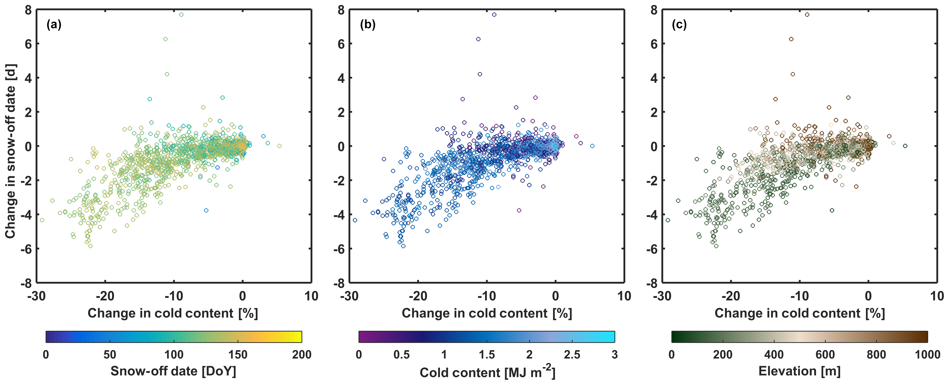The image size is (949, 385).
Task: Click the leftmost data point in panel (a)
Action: pos(42,220)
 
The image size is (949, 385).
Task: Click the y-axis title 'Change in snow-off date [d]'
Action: pos(10,151)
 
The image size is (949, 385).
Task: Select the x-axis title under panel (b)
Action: pos(487,313)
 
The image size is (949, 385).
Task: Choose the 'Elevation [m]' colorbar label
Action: pos(799,371)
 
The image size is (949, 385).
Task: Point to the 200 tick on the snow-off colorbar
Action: pos(302,355)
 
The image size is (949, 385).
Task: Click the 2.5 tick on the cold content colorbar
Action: pos(572,355)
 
